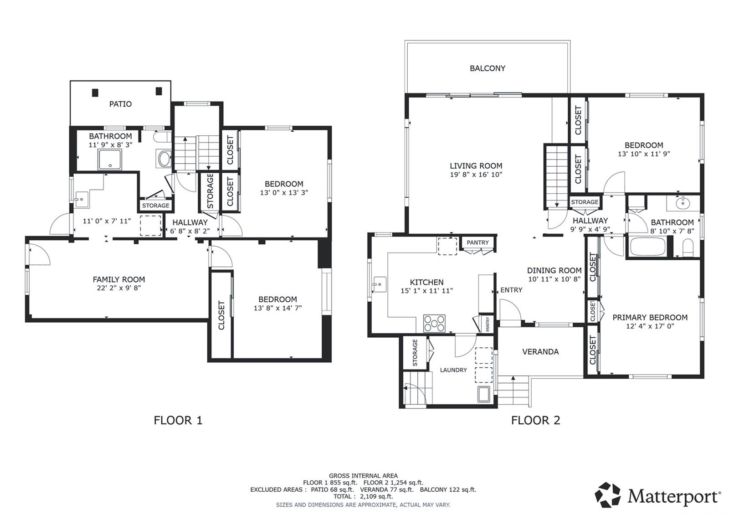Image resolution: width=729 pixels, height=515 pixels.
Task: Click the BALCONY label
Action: point(487,68)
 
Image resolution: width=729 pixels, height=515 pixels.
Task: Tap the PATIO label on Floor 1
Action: point(120,104)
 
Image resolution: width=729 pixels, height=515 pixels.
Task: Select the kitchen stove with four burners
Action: point(434,323)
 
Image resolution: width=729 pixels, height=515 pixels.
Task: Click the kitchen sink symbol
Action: point(379,284)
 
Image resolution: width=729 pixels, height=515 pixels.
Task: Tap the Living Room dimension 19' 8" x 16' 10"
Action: point(476,175)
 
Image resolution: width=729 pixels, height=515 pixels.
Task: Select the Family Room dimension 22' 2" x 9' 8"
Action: point(118,288)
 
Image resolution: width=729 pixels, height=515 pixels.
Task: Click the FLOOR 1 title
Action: point(178,420)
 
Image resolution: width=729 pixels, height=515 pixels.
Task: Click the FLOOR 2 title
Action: point(535,420)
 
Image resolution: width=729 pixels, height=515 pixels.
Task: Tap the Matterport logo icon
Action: point(608,495)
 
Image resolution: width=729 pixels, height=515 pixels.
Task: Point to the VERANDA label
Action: point(540,352)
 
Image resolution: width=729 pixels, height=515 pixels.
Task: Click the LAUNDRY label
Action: point(453,370)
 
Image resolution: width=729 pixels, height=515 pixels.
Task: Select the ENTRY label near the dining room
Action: point(511,290)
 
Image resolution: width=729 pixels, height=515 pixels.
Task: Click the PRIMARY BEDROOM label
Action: point(650,318)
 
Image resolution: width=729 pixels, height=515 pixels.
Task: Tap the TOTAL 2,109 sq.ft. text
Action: point(363,496)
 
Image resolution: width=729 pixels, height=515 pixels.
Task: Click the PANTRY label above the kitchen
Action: point(477,242)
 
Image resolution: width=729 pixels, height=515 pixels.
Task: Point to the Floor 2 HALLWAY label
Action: point(590,221)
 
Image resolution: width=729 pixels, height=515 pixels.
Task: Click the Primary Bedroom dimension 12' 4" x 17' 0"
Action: point(650,326)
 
